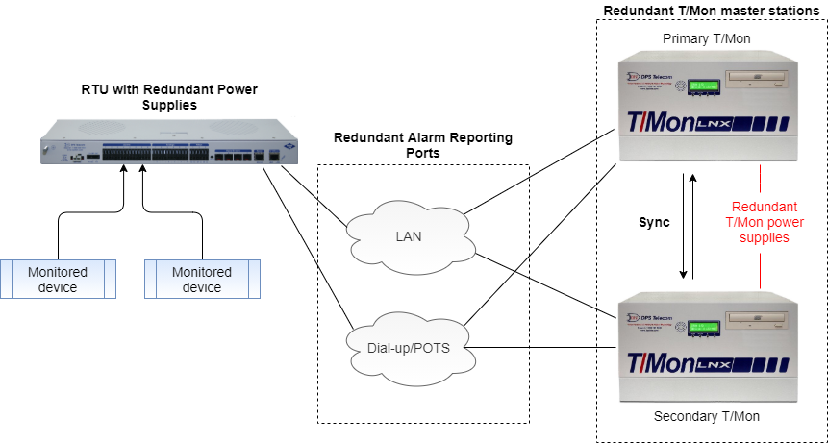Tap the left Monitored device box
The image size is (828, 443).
57,279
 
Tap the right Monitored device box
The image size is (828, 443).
202,279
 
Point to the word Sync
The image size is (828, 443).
654,222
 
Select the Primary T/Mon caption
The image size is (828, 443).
706,38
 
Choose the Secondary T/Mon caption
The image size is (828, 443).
706,416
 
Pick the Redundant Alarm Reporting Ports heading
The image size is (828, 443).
423,144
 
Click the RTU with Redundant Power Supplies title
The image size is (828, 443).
169,96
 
